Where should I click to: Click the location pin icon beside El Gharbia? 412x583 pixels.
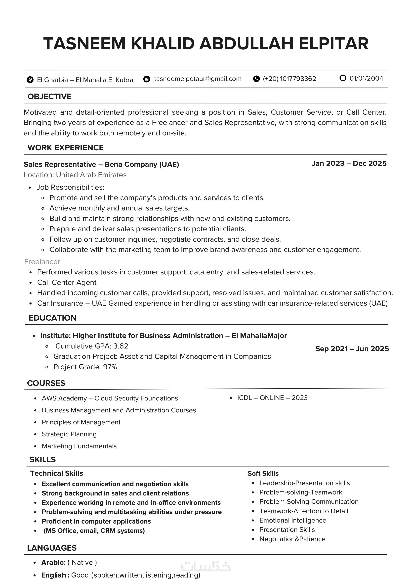(x=30, y=80)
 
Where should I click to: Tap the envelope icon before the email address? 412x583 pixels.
(x=147, y=79)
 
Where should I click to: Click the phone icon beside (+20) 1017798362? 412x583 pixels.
(x=256, y=79)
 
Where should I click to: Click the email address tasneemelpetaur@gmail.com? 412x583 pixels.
(x=198, y=79)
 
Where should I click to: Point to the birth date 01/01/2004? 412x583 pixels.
(x=366, y=78)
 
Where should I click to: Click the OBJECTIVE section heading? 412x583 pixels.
(x=49, y=97)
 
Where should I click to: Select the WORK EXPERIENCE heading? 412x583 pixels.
(x=65, y=148)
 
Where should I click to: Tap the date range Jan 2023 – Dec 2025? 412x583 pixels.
(x=349, y=164)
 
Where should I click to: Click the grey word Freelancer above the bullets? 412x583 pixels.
(x=42, y=262)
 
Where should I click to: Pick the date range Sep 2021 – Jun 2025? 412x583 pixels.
(x=352, y=349)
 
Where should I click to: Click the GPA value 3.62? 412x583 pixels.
(x=121, y=346)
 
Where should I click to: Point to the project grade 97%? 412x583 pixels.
(x=110, y=367)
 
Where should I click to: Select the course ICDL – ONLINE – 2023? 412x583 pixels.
(x=272, y=398)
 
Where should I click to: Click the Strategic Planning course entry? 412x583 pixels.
(x=69, y=434)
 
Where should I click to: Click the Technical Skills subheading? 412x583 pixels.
(x=57, y=473)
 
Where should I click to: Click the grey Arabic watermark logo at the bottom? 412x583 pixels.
(x=206, y=566)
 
